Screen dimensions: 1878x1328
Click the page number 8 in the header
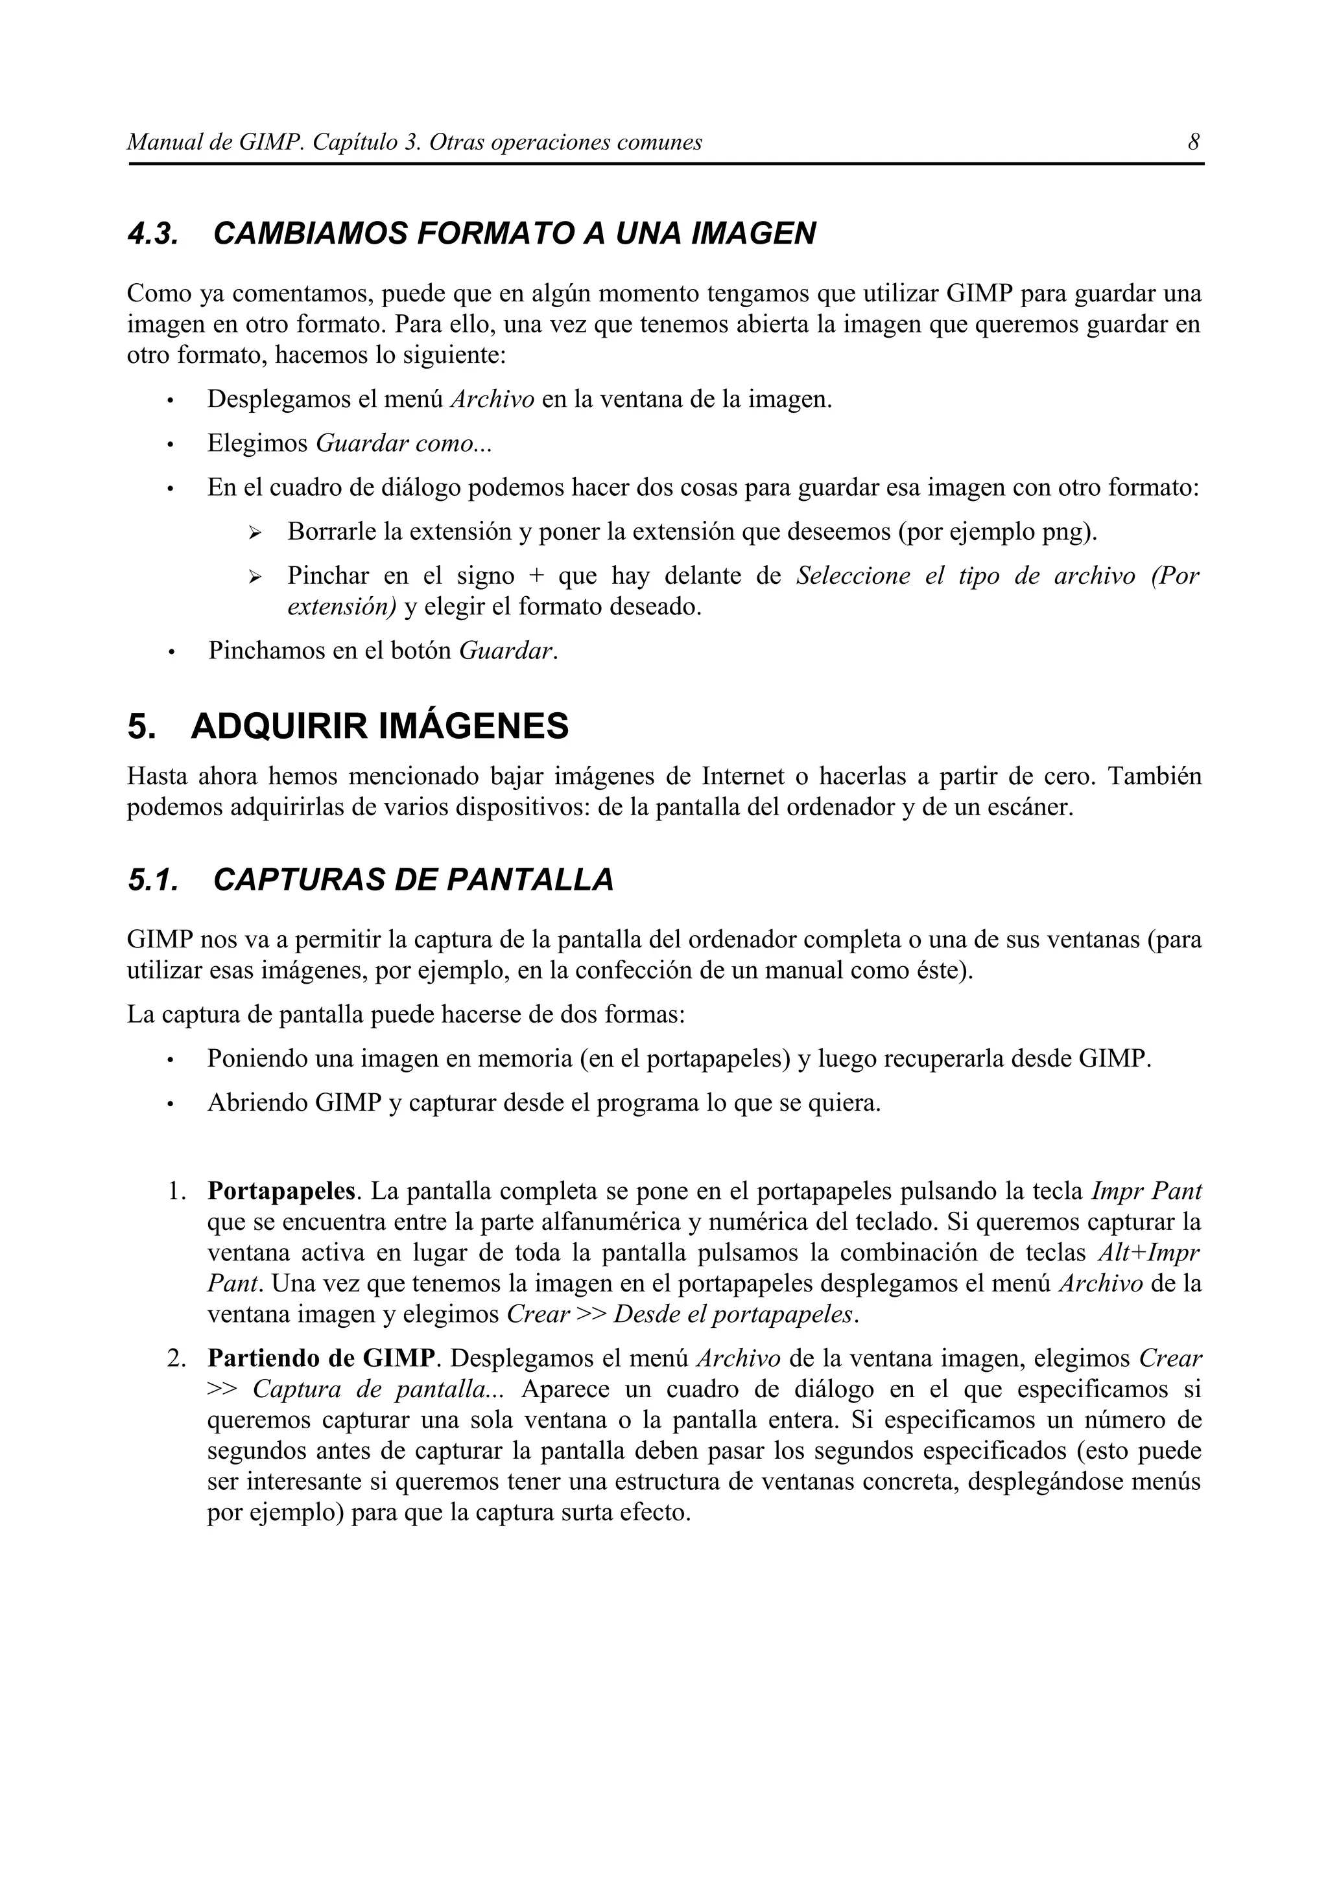tap(1194, 143)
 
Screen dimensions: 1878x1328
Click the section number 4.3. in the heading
tap(153, 234)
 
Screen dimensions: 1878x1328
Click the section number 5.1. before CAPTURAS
tap(153, 879)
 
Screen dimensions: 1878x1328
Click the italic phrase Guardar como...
tap(403, 443)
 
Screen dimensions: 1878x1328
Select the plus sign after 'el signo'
tap(536, 576)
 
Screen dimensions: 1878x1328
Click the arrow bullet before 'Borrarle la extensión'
tap(254, 533)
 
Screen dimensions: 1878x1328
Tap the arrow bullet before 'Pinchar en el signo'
tap(254, 577)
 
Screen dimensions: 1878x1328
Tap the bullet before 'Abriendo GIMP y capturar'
tap(169, 1104)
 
